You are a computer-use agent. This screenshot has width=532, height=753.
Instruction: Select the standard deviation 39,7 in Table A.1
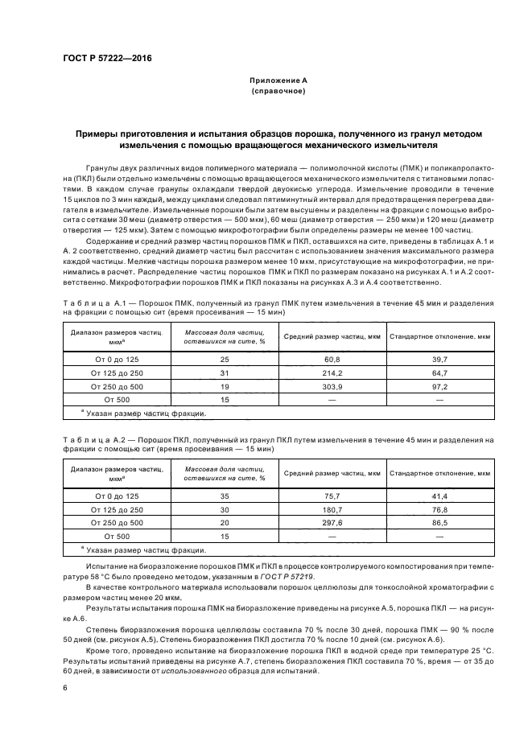coord(439,358)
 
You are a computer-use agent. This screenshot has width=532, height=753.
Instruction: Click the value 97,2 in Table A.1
coord(439,386)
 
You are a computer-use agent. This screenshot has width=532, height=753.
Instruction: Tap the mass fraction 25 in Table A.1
coord(225,358)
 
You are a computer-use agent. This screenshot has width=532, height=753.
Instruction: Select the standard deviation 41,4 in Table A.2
coord(439,496)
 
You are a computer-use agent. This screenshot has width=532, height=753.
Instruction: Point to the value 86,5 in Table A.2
coord(439,524)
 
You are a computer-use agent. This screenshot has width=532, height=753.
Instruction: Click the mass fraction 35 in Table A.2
coord(225,496)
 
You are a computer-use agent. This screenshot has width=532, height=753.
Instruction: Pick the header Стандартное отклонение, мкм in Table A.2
coord(439,474)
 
